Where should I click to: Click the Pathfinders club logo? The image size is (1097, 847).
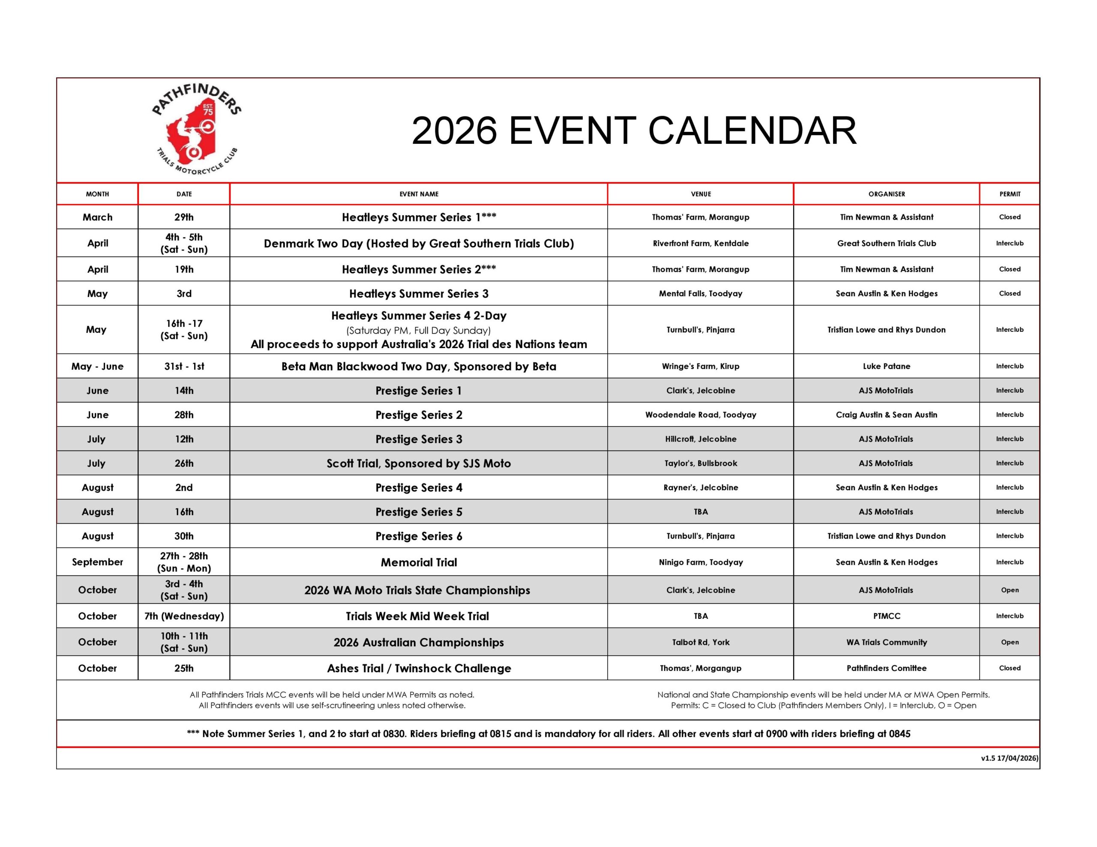196,130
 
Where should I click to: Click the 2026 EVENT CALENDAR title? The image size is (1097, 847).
634,131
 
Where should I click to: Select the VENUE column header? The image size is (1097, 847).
701,194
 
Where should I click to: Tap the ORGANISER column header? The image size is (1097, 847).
887,194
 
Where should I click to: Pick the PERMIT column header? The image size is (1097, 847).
1010,194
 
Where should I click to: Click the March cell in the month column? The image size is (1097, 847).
97,218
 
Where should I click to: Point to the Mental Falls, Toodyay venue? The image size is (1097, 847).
700,294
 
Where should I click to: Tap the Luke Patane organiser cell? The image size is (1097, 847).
887,367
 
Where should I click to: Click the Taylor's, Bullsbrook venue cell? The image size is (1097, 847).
701,463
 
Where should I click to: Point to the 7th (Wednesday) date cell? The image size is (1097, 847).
184,616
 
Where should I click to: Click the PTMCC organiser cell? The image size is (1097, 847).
887,616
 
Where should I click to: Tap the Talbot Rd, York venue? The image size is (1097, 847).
701,642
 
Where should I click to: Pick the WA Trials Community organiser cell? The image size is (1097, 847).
887,642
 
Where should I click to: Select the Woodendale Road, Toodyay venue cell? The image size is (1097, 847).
701,415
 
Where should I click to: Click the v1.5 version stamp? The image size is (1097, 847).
1009,758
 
